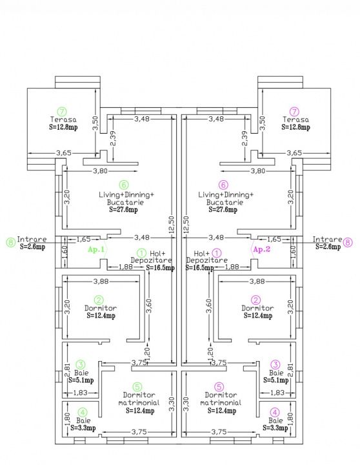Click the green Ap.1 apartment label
(x=96, y=249)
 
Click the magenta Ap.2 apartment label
(x=262, y=249)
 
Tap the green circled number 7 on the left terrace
(x=62, y=112)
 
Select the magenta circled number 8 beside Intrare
(x=348, y=242)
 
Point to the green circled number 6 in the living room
(x=124, y=185)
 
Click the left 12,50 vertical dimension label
(x=172, y=225)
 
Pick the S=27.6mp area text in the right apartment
(x=223, y=210)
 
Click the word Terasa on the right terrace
(x=295, y=119)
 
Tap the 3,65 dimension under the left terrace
(x=64, y=153)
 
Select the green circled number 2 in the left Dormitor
(x=99, y=300)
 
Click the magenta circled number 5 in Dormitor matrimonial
(x=219, y=387)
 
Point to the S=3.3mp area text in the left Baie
(x=83, y=428)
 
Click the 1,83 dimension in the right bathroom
(x=277, y=393)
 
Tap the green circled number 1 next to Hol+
(x=142, y=253)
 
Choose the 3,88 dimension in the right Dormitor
(x=257, y=281)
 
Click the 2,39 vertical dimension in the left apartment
(x=113, y=139)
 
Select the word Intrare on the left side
(x=32, y=239)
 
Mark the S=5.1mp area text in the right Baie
(x=276, y=380)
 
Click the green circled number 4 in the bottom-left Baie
(x=83, y=413)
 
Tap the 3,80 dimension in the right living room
(x=258, y=170)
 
